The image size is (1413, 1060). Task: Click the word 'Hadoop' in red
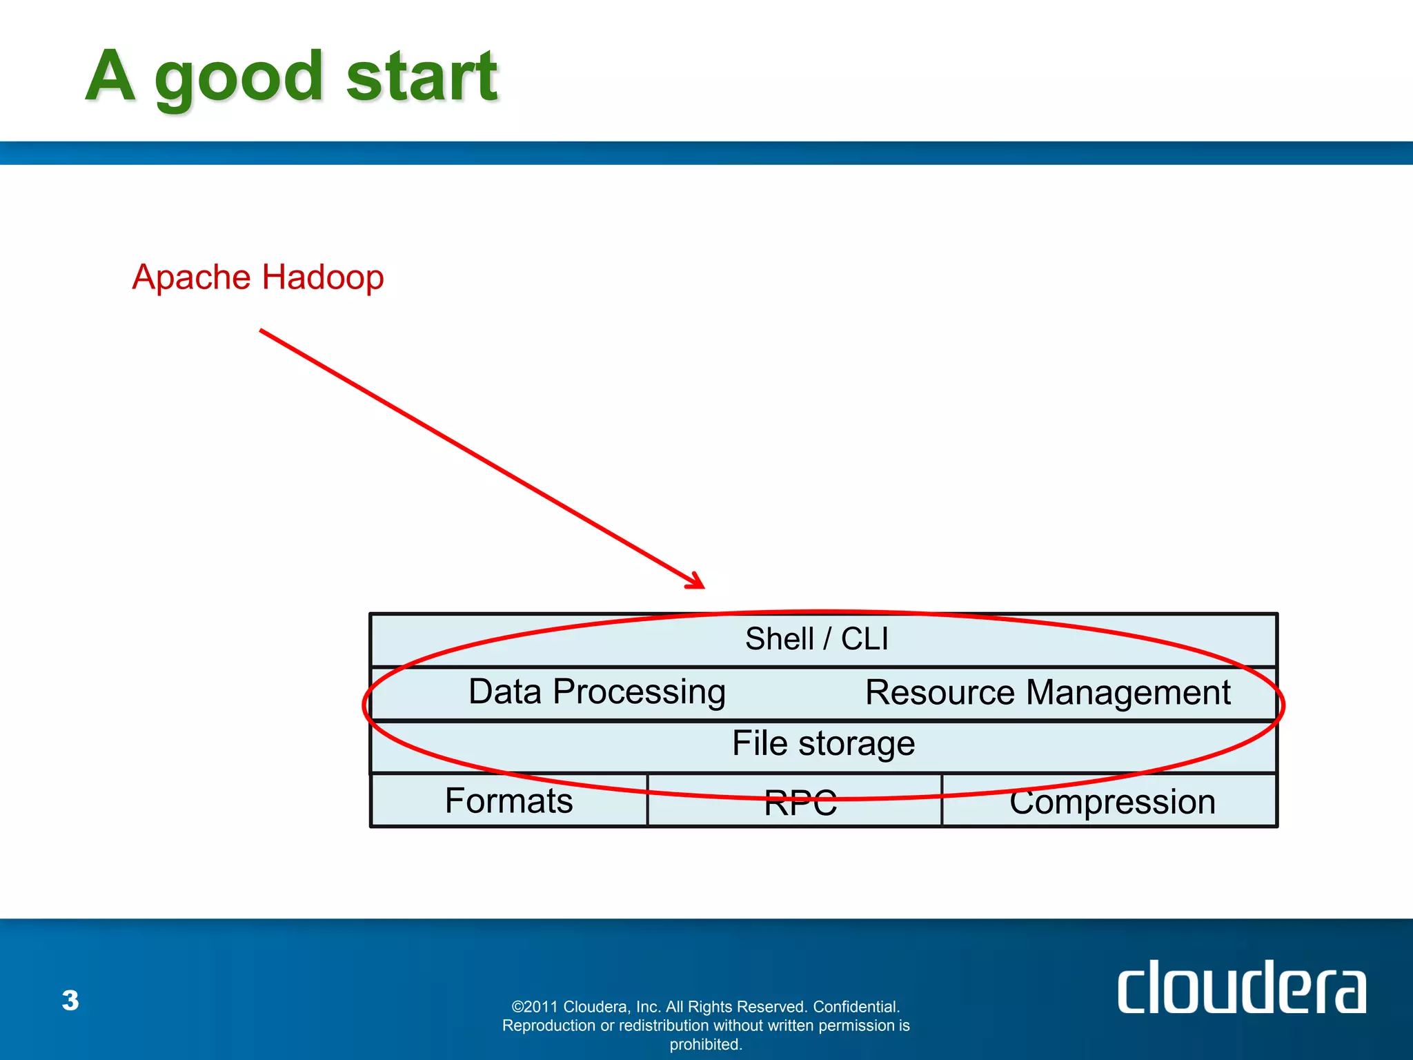pyautogui.click(x=322, y=277)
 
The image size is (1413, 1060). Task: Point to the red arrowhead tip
pyautogui.click(x=703, y=587)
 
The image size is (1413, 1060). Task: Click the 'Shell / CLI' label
pyautogui.click(x=816, y=638)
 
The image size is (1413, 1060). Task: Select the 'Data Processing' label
pyautogui.click(x=597, y=691)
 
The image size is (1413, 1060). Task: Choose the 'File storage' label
pyautogui.click(x=823, y=743)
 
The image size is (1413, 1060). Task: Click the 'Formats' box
pyautogui.click(x=509, y=801)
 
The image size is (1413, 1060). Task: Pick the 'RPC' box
pyautogui.click(x=800, y=803)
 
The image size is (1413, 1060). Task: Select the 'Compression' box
pyautogui.click(x=1112, y=802)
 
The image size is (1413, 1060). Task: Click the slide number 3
pyautogui.click(x=70, y=1000)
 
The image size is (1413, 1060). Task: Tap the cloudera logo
pyautogui.click(x=1241, y=988)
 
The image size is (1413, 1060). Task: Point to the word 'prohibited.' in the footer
pyautogui.click(x=706, y=1044)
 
